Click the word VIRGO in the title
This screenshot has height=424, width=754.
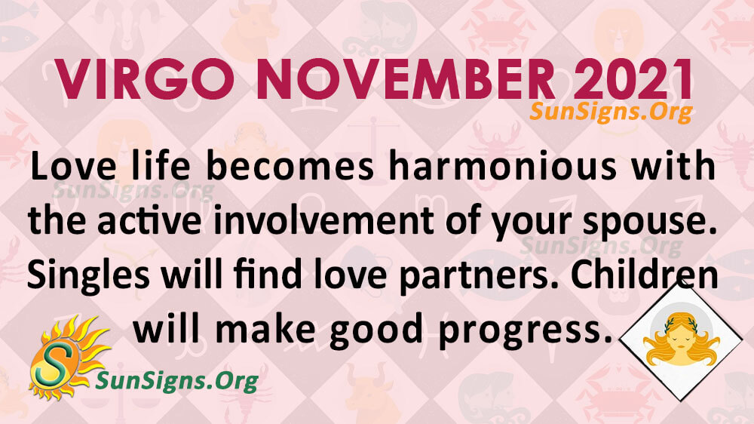pyautogui.click(x=145, y=80)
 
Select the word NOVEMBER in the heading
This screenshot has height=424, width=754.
pyautogui.click(x=406, y=80)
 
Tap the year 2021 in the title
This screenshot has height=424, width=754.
pyautogui.click(x=633, y=80)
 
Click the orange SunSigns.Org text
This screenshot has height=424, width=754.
pyautogui.click(x=611, y=112)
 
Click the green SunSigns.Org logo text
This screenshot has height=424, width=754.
pyautogui.click(x=177, y=381)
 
